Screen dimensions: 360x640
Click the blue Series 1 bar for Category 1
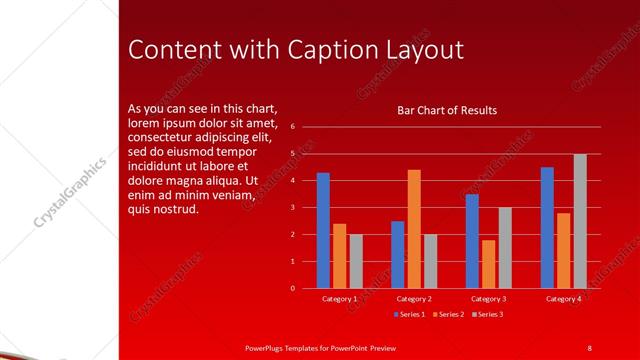tap(323, 230)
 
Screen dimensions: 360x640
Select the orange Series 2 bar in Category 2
tap(414, 229)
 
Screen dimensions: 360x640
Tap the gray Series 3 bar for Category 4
tap(580, 221)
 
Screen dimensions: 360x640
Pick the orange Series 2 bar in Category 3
tap(488, 264)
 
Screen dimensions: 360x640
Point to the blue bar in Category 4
tap(547, 227)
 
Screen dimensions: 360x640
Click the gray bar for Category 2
tap(430, 261)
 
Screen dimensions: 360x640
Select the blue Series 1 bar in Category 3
tap(472, 241)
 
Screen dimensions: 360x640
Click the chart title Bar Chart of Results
tap(447, 111)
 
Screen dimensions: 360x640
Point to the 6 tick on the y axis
tap(292, 127)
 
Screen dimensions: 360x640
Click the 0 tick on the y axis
tap(292, 288)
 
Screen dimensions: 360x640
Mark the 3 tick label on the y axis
tap(292, 208)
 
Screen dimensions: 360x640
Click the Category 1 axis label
tap(339, 299)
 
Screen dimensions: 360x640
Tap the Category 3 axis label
tap(488, 299)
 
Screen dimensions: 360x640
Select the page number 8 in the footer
tap(589, 347)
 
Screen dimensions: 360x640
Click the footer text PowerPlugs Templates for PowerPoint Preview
tap(321, 347)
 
